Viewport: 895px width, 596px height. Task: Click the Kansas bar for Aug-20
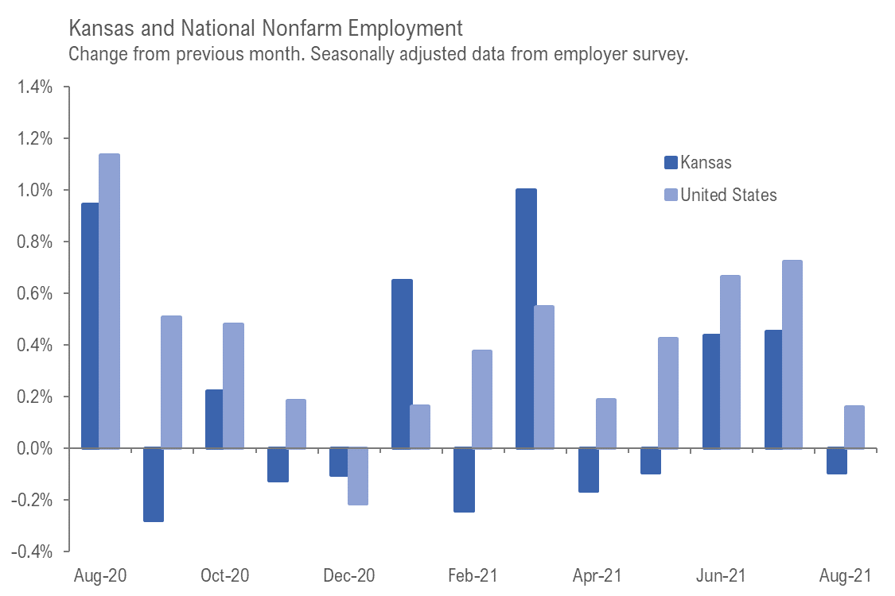(x=90, y=326)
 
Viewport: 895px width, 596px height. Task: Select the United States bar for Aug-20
(x=109, y=301)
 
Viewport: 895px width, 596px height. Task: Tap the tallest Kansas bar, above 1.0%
(x=525, y=319)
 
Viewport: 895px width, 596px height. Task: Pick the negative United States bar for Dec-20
(x=357, y=476)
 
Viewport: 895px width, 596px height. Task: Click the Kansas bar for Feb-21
(x=463, y=480)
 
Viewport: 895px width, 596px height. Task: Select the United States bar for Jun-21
(x=730, y=362)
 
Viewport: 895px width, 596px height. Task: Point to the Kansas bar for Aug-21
(x=835, y=461)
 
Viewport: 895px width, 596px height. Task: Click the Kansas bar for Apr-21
(x=587, y=470)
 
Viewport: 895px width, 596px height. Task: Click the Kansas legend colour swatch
(x=670, y=163)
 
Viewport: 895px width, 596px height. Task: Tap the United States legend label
(x=729, y=195)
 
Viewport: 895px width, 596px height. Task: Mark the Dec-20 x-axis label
(x=348, y=575)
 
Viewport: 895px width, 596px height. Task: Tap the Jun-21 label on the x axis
(x=721, y=575)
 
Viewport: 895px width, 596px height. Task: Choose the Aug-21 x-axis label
(x=845, y=575)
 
